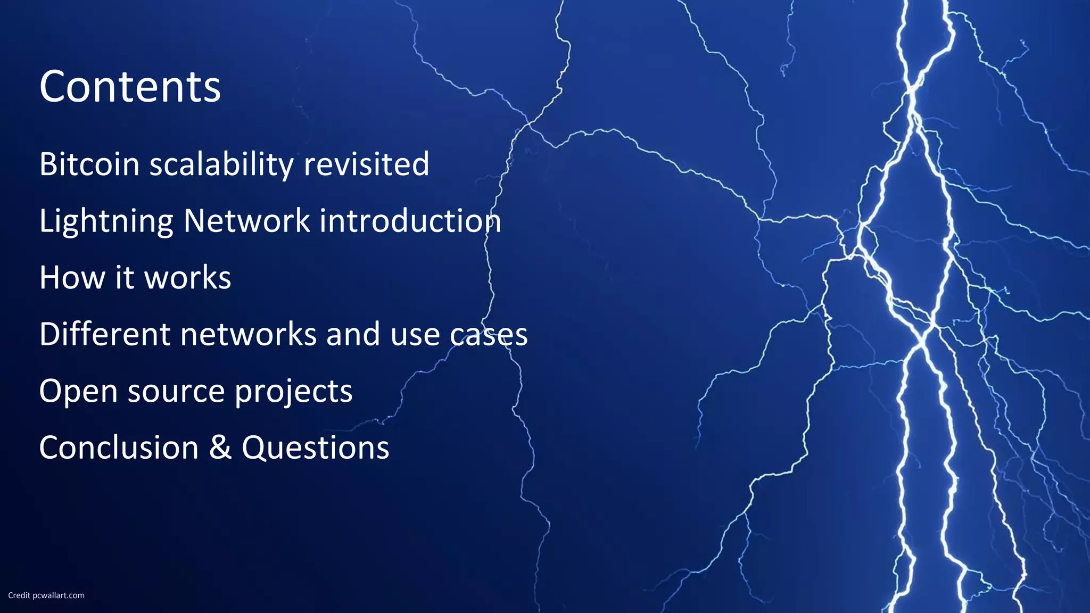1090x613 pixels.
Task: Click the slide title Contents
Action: point(130,87)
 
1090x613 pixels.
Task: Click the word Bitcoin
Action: point(89,164)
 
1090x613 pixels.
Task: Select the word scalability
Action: point(221,165)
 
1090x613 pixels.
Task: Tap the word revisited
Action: point(366,164)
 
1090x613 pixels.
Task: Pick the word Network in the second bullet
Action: point(246,220)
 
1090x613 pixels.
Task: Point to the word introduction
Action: point(410,220)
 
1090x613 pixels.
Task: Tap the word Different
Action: point(105,334)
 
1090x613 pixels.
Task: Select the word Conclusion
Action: point(119,448)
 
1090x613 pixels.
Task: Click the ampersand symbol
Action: point(220,448)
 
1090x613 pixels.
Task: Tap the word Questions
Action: point(315,448)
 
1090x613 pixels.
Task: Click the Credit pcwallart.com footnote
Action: point(46,595)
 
